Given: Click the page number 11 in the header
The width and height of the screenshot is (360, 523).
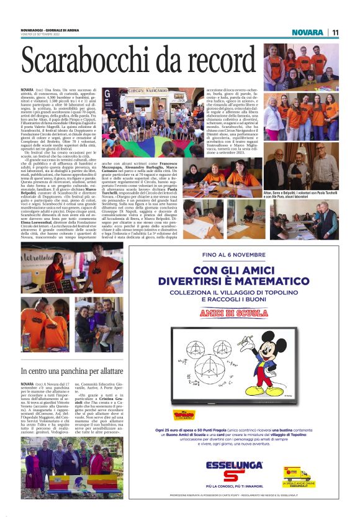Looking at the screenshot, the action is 335,32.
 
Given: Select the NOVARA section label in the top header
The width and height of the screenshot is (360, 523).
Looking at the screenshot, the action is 307,32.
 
